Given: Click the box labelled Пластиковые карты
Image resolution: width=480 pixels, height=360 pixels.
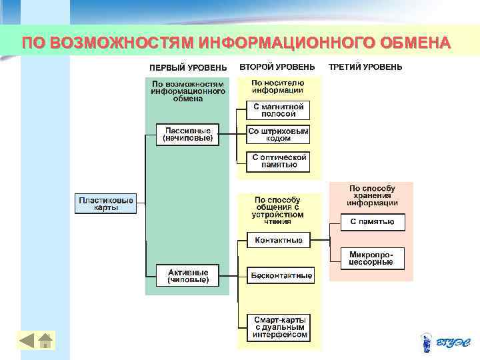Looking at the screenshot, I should click(105, 204).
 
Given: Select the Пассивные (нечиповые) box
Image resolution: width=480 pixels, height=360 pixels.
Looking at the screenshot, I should click(188, 135).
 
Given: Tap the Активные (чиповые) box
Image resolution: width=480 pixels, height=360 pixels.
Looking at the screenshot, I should click(188, 276).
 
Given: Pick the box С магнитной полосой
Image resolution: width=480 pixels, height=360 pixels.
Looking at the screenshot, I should click(278, 110).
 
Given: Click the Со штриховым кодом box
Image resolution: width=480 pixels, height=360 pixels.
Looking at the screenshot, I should click(278, 135).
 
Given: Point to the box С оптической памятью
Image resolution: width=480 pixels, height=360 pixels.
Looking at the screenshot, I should click(279, 160).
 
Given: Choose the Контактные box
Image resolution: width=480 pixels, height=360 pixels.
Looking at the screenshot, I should click(279, 240).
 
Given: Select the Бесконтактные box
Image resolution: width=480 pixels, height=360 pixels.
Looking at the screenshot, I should click(281, 275).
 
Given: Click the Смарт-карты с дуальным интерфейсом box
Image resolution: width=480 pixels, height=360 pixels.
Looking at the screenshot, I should click(280, 327).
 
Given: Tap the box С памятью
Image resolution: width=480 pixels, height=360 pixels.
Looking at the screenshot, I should click(373, 221).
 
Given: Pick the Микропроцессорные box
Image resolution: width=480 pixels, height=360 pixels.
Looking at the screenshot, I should click(372, 258).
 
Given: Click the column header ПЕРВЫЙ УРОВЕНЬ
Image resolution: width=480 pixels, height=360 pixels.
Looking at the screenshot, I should click(188, 67).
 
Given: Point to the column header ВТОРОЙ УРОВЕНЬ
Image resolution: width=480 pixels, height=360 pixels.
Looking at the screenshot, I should click(277, 67).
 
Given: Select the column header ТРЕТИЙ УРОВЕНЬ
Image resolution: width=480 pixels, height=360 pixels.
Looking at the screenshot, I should click(366, 67).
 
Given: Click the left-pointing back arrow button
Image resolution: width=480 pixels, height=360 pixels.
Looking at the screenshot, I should click(27, 340).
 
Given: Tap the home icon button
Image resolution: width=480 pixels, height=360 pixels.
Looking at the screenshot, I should click(45, 340).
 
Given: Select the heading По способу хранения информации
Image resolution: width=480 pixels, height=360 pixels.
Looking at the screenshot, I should click(372, 196).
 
